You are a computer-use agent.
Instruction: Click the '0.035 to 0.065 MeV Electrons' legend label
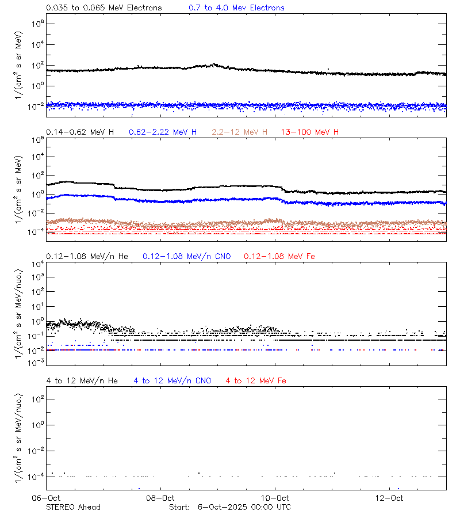coord(103,8)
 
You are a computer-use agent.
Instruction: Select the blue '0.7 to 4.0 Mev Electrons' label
coord(236,8)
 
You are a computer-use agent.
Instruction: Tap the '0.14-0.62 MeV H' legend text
coord(80,132)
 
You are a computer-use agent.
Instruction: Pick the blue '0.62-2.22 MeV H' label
coord(163,132)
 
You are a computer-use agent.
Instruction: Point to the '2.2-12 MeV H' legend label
coord(239,132)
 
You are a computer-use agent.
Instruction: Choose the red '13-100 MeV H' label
coord(310,132)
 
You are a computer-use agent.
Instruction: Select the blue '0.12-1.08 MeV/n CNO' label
coord(187,256)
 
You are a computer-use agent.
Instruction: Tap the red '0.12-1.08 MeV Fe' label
coord(279,256)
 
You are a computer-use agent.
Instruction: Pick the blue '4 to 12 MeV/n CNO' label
coord(172,381)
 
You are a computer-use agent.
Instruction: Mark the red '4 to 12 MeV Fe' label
coord(256,381)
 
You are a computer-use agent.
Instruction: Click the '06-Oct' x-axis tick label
coord(47,497)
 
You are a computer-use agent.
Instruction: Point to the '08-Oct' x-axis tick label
coord(160,497)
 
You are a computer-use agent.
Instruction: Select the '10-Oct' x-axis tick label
coord(274,497)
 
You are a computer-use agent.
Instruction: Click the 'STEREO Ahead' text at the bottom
coord(73,507)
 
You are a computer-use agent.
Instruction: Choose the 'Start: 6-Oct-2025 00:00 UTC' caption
coord(230,507)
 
